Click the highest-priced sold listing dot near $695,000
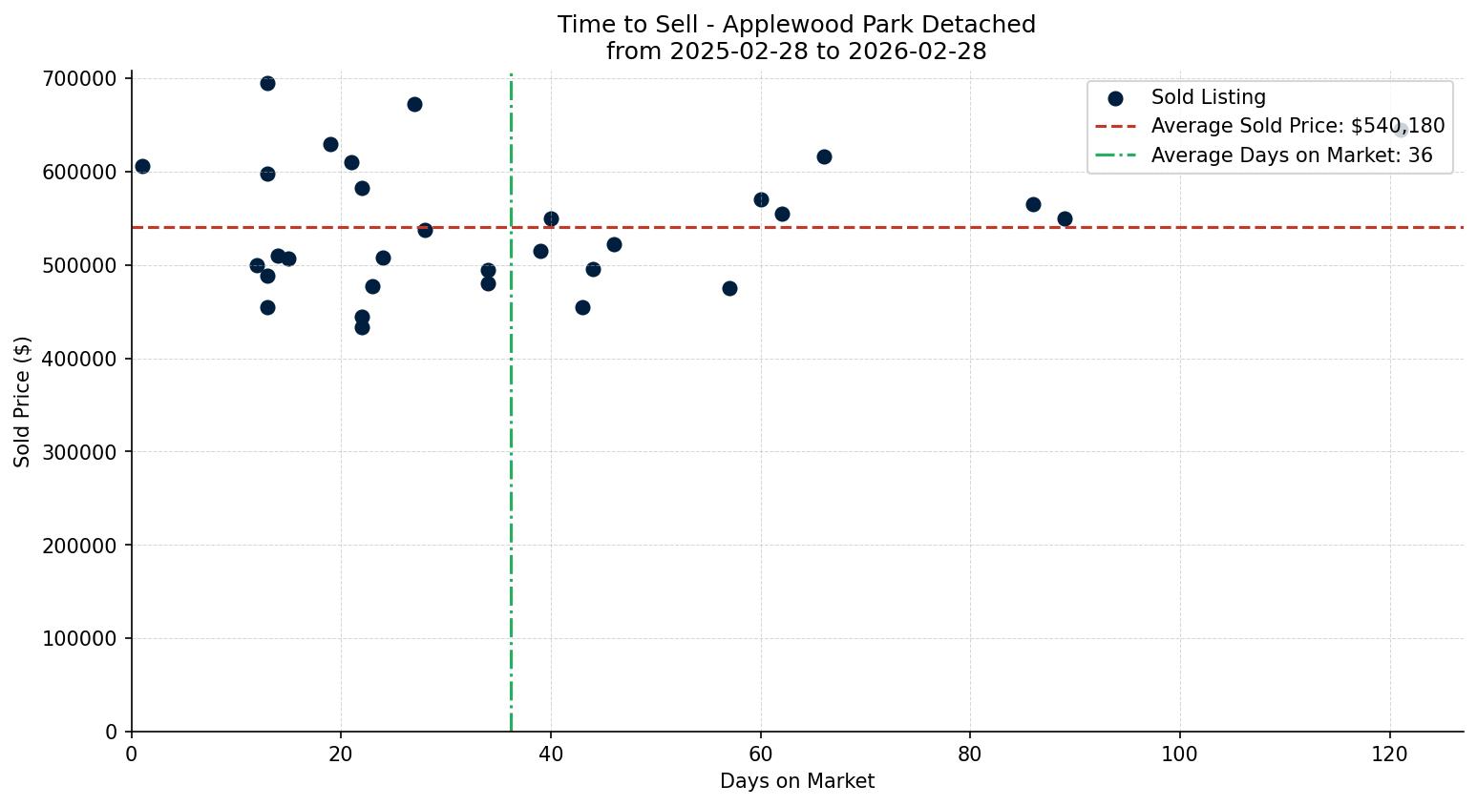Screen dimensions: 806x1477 click(267, 84)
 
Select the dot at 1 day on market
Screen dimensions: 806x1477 click(142, 167)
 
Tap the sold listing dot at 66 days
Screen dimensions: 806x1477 click(824, 157)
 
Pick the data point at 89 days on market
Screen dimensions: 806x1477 click(1065, 219)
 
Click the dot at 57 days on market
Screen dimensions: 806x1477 click(729, 289)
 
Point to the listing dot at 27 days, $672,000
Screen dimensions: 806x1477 click(414, 105)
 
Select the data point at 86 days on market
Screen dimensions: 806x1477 click(1033, 205)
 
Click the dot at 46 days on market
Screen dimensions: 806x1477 click(614, 245)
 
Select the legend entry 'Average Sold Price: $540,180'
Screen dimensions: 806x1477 click(1298, 127)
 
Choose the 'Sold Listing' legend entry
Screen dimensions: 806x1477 click(1208, 97)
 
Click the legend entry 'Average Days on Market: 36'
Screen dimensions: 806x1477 click(1291, 155)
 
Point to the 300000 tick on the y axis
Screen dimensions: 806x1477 click(86, 452)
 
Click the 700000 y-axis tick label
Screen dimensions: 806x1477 click(86, 78)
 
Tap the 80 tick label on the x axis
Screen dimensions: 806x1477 click(970, 754)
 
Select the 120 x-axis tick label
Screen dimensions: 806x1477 click(1389, 754)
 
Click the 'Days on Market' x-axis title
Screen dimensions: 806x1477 click(797, 782)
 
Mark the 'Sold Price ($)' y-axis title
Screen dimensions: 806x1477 click(23, 402)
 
